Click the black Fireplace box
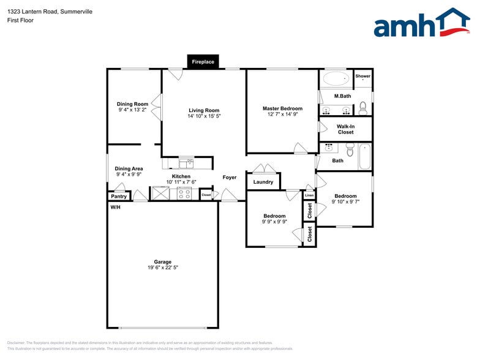point(203,62)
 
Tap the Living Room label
point(204,110)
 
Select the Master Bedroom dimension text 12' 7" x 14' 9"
point(282,114)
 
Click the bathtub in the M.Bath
point(336,78)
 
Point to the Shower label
point(363,76)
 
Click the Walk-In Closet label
point(345,129)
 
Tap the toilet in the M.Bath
point(362,108)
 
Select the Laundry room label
point(263,182)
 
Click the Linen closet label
point(309,195)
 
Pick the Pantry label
point(119,197)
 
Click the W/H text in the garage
point(115,208)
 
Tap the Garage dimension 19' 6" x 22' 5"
point(162,268)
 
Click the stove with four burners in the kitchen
point(184,194)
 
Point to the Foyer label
point(230,178)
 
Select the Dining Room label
point(133,104)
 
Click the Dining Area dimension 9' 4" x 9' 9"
point(129,174)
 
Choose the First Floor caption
point(21,20)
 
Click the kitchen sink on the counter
point(186,163)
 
